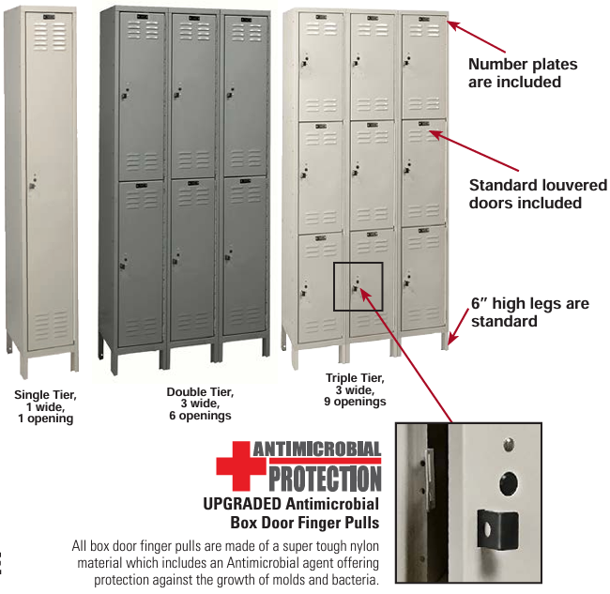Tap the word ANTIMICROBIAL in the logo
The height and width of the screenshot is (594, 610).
coord(317,449)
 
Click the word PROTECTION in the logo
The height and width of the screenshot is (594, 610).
coord(326,479)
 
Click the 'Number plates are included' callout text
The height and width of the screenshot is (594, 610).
coord(523,73)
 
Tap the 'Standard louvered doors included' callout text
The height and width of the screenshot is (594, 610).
coord(538,193)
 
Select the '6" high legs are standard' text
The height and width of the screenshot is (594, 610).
coord(530,312)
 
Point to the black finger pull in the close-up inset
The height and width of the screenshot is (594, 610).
coord(497,530)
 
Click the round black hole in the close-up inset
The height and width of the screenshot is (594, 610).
coord(508,483)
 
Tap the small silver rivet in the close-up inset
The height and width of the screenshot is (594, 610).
coord(509,444)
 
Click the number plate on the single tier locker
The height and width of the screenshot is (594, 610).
coord(50,17)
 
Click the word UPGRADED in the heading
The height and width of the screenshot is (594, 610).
coord(241,504)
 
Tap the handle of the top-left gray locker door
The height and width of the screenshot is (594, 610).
coord(125,95)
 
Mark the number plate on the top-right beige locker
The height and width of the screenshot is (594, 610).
coord(423,19)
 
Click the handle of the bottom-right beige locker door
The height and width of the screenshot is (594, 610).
coord(407,282)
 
